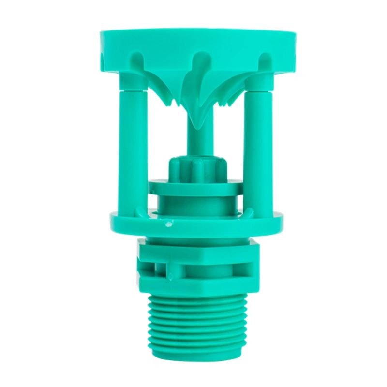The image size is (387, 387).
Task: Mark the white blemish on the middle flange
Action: [168, 224]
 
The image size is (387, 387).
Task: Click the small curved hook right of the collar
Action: [250, 212]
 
